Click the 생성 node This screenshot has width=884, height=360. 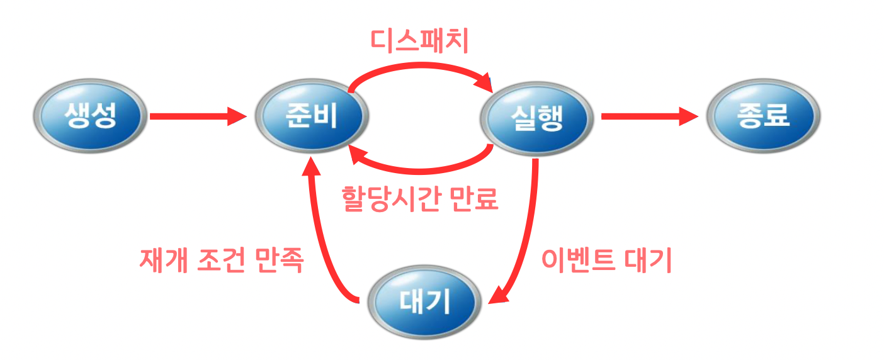pyautogui.click(x=90, y=116)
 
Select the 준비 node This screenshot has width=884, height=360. pyautogui.click(x=312, y=116)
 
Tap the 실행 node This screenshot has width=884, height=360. pyautogui.click(x=536, y=117)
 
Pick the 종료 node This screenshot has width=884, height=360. pyautogui.click(x=762, y=116)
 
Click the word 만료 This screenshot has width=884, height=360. pyautogui.click(x=475, y=200)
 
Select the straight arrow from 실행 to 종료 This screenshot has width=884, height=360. pyautogui.click(x=649, y=116)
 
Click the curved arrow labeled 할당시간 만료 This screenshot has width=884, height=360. pyautogui.click(x=419, y=169)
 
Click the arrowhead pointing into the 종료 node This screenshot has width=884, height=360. pyautogui.click(x=689, y=116)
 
